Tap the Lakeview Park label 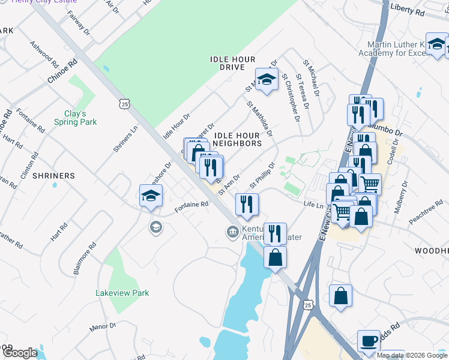[122, 293]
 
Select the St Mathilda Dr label [260, 118]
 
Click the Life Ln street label [313, 205]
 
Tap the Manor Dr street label [102, 326]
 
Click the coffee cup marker [369, 341]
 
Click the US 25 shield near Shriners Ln [124, 104]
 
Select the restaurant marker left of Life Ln [247, 205]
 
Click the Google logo [20, 353]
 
